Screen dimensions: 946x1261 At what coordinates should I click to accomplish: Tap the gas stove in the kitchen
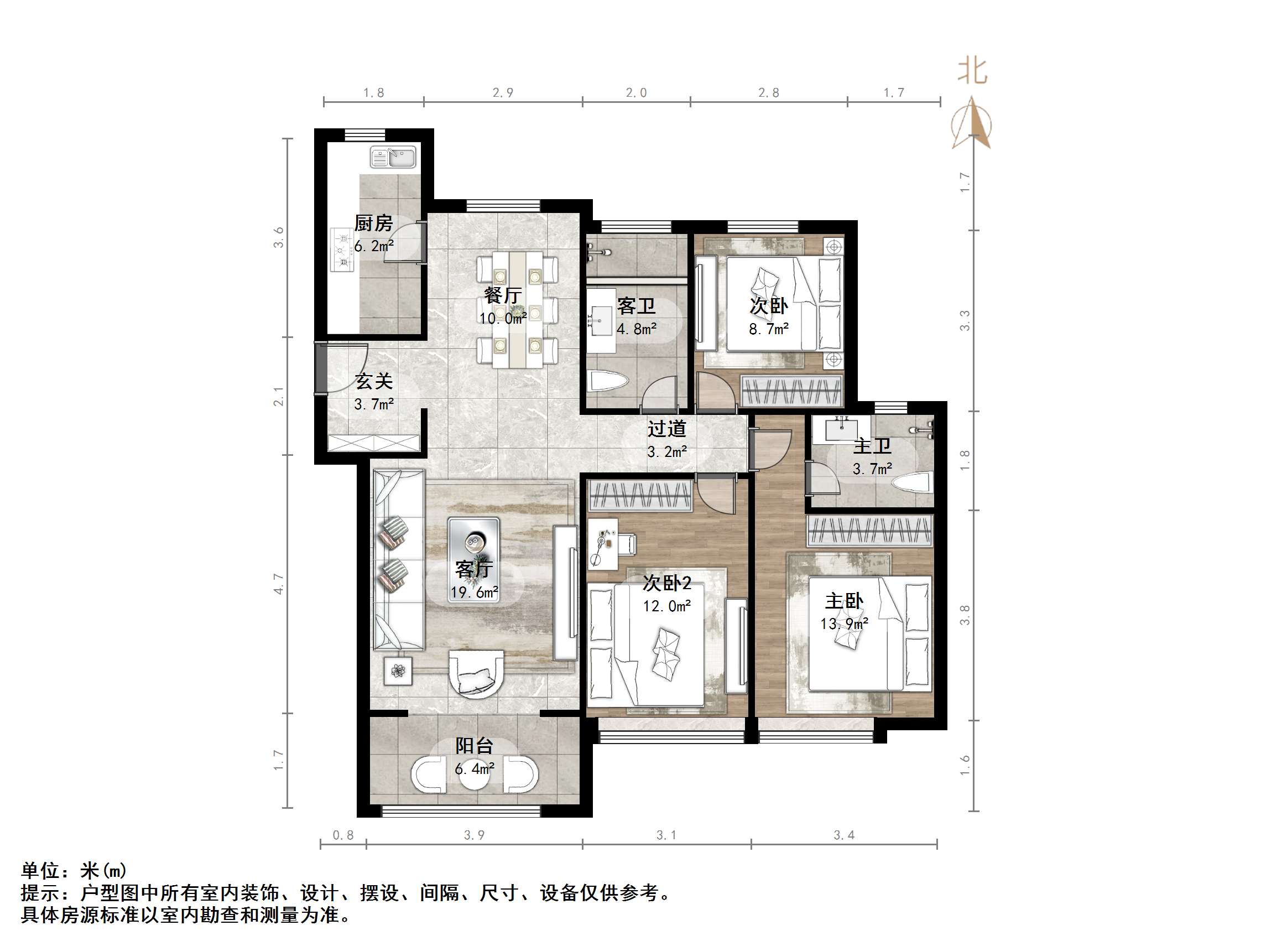(342, 250)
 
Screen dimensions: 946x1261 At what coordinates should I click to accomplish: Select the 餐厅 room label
(502, 295)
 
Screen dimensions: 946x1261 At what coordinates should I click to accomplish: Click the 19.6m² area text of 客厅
(475, 592)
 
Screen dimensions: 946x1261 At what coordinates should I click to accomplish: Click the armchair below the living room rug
(477, 674)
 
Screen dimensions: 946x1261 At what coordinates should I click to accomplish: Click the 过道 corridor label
(666, 429)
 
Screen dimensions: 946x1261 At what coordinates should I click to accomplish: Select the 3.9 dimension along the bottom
(474, 835)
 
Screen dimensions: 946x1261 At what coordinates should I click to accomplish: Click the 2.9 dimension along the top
(503, 92)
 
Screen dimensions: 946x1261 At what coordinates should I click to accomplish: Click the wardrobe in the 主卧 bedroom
(869, 531)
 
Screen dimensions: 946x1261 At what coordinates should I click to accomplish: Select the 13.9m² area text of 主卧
(845, 624)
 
